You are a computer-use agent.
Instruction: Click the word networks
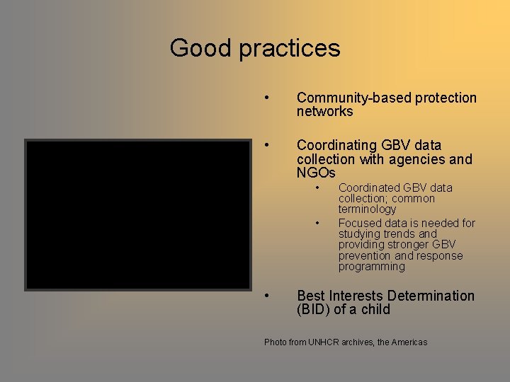324,112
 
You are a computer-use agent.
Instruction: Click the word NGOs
316,173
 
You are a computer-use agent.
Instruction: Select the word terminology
367,209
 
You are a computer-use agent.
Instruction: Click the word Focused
358,224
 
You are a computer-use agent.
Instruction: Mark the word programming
371,267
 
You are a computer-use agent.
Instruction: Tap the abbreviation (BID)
317,310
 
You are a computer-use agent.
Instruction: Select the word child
376,310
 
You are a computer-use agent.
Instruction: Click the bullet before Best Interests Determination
267,296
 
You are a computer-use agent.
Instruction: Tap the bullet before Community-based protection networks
267,98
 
